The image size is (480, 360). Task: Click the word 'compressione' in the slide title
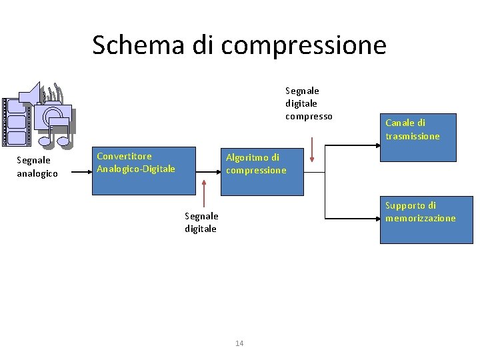tap(303, 45)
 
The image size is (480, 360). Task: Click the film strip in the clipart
tap(16, 121)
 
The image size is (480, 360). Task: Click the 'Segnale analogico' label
tap(37, 167)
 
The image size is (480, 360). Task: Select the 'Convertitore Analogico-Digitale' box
tap(143, 171)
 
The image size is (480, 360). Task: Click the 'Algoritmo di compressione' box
tap(263, 171)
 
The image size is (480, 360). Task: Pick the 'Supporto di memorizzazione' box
tap(426, 220)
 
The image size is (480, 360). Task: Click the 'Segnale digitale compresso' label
tap(309, 103)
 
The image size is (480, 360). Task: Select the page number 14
tap(239, 343)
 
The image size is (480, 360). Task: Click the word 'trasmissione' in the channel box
tap(413, 136)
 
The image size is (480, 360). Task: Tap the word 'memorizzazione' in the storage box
tap(421, 218)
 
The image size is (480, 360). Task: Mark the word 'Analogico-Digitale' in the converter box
tap(136, 169)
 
